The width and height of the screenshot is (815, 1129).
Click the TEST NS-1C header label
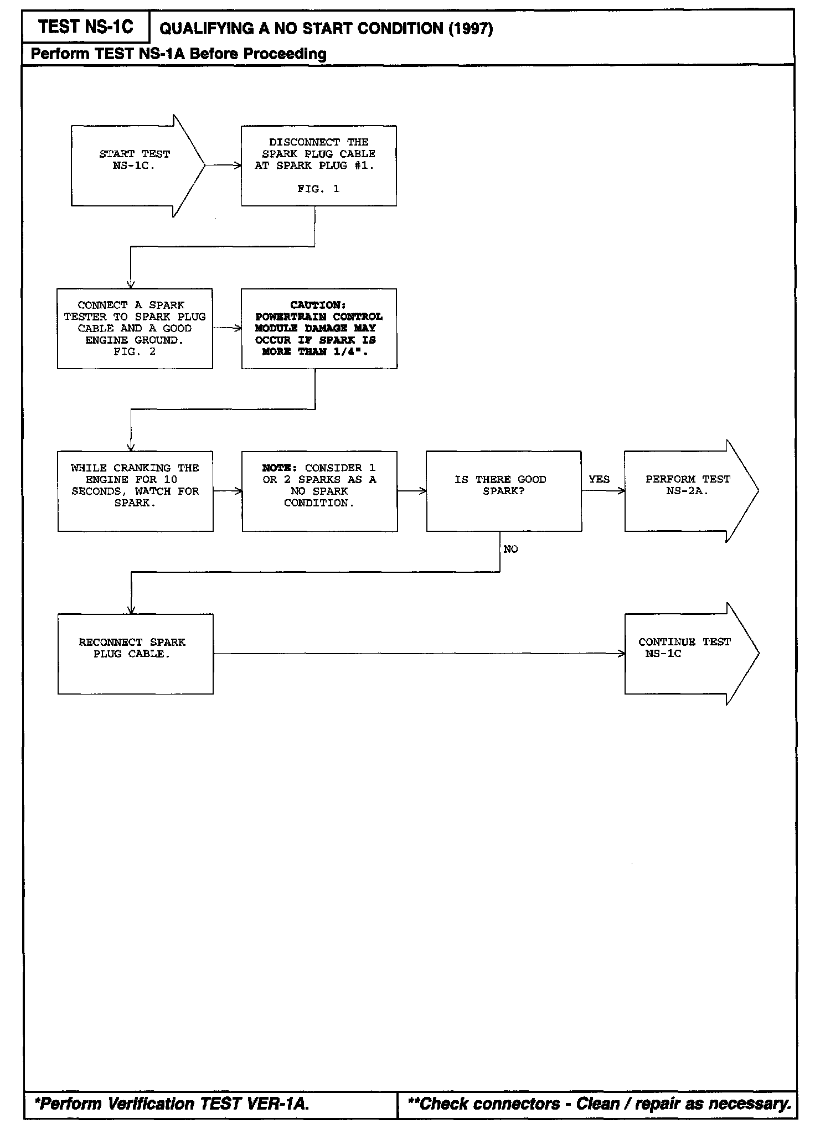[x=86, y=27]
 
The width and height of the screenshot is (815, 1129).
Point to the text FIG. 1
[x=318, y=189]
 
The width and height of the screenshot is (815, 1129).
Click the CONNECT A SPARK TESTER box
[x=135, y=328]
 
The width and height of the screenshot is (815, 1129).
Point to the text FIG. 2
[x=135, y=351]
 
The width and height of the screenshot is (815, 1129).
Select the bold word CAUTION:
[x=318, y=305]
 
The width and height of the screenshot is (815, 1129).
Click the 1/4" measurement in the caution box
[x=351, y=351]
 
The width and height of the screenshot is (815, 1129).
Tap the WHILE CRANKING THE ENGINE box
[x=135, y=491]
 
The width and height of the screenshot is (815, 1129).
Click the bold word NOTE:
[x=281, y=468]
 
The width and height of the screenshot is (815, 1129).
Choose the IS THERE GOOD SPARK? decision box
[x=503, y=491]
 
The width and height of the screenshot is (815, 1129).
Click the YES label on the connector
[x=599, y=479]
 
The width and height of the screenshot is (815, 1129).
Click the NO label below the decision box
[x=510, y=549]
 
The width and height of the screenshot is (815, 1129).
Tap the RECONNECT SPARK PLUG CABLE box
[x=135, y=654]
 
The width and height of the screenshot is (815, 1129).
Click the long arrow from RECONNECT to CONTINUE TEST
[x=419, y=654]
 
